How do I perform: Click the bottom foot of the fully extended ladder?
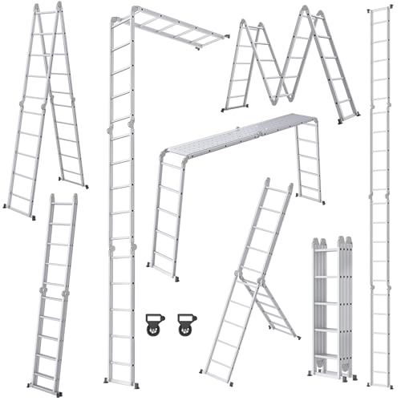click(x=377, y=383)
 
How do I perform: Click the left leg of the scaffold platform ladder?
click(x=164, y=217)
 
